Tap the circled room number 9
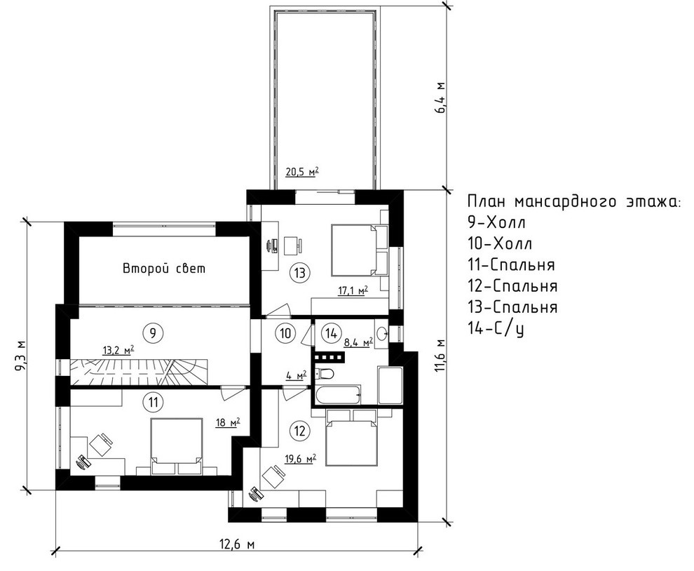click(x=151, y=330)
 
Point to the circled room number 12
click(x=300, y=429)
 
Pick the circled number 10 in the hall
click(x=285, y=332)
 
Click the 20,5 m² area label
click(x=302, y=171)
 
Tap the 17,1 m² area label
click(x=353, y=290)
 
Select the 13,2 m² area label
click(x=119, y=349)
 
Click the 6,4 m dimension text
click(x=440, y=98)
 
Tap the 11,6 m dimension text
click(x=440, y=356)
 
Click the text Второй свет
click(x=165, y=268)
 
